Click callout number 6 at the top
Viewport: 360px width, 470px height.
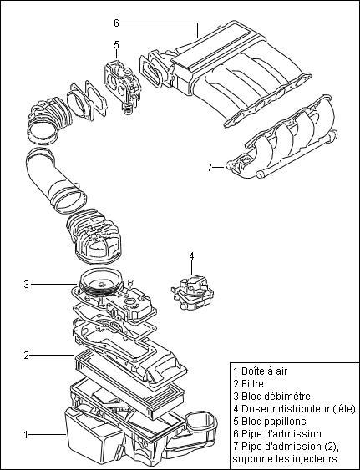(116, 23)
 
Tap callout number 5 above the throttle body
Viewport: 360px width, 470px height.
(116, 44)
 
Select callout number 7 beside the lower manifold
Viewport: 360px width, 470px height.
(210, 167)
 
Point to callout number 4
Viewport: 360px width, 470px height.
(191, 255)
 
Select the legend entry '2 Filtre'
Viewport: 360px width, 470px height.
(251, 383)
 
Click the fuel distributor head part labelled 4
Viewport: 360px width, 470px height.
(191, 292)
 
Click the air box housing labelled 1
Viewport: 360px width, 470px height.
(92, 434)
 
